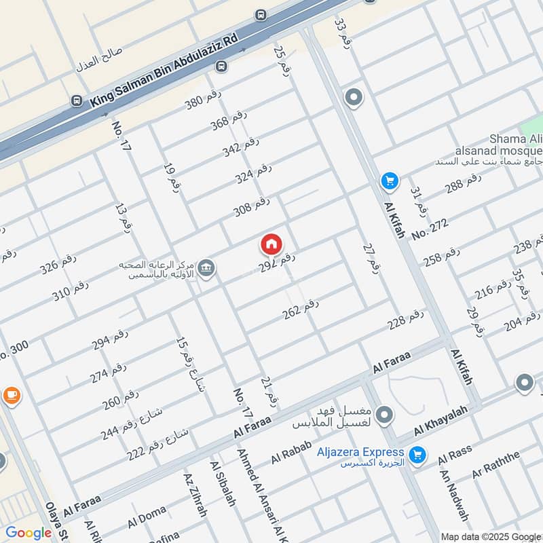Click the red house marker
click(271, 244)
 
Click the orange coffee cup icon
click(12, 395)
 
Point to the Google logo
click(29, 533)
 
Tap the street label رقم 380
click(203, 100)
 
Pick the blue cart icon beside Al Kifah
click(389, 181)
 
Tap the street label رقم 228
click(406, 319)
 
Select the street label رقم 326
click(58, 263)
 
